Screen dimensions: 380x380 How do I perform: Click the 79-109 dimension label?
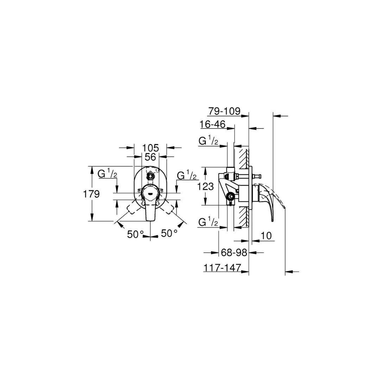click(224, 112)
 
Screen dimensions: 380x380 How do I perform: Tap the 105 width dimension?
click(150, 148)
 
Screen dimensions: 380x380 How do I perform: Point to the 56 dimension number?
click(150, 157)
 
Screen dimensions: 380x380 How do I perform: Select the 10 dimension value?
click(267, 236)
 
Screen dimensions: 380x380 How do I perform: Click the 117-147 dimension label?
click(222, 268)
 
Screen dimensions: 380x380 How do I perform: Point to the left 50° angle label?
click(135, 234)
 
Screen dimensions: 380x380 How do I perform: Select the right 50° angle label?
click(169, 233)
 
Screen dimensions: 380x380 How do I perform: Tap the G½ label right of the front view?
click(186, 175)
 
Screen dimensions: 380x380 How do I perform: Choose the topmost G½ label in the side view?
click(208, 141)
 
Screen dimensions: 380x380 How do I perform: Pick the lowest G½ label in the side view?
click(208, 223)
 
